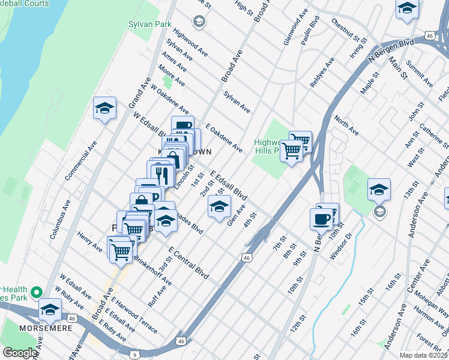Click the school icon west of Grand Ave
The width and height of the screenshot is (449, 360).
click(x=104, y=109)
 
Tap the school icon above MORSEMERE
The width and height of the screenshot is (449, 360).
click(x=50, y=310)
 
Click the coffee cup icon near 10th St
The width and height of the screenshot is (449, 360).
click(x=322, y=218)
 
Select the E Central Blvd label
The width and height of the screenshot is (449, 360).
click(x=188, y=263)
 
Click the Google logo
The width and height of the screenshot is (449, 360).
click(x=20, y=353)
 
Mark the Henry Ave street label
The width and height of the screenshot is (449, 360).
click(x=90, y=243)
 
